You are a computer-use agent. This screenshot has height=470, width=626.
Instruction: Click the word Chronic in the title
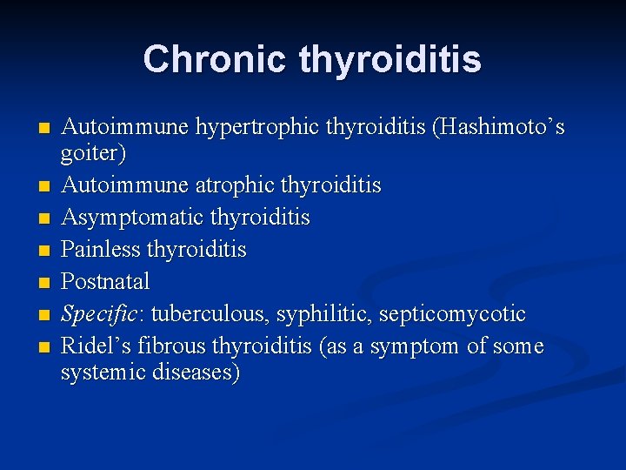coord(215,59)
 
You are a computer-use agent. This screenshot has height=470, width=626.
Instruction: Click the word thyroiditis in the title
coord(390,59)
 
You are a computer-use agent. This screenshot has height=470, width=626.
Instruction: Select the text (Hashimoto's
coord(503,128)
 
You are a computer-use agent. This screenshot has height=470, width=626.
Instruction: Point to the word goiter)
coord(93,154)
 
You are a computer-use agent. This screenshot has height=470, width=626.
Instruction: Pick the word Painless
coord(101,250)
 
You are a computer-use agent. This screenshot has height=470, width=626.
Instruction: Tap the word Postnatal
coord(105,282)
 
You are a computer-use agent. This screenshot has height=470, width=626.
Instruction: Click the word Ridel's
coord(91,346)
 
